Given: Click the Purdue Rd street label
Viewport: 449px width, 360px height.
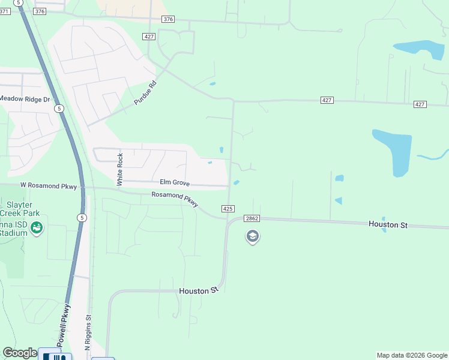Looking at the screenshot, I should click(x=145, y=93).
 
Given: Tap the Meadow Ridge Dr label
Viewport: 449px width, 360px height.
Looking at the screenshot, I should click(x=25, y=99).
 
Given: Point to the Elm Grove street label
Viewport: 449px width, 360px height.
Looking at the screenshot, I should click(x=174, y=182).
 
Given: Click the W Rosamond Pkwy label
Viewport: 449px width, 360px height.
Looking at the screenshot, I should click(x=48, y=187).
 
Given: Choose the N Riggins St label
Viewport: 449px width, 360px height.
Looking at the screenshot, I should click(x=87, y=334).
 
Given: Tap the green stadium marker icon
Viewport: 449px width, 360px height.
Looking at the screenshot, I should click(x=37, y=228).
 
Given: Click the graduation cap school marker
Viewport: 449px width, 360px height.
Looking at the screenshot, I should click(x=252, y=236).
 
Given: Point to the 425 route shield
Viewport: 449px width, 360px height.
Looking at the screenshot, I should click(x=228, y=208).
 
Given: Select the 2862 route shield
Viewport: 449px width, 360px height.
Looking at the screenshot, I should click(x=252, y=218).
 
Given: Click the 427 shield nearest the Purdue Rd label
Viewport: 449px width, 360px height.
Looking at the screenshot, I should click(x=149, y=37).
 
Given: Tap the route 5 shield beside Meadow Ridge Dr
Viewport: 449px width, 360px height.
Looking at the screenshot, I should click(x=59, y=109).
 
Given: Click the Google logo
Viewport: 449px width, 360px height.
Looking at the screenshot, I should click(x=20, y=353).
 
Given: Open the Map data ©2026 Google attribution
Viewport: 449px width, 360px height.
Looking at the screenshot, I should click(x=412, y=355).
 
